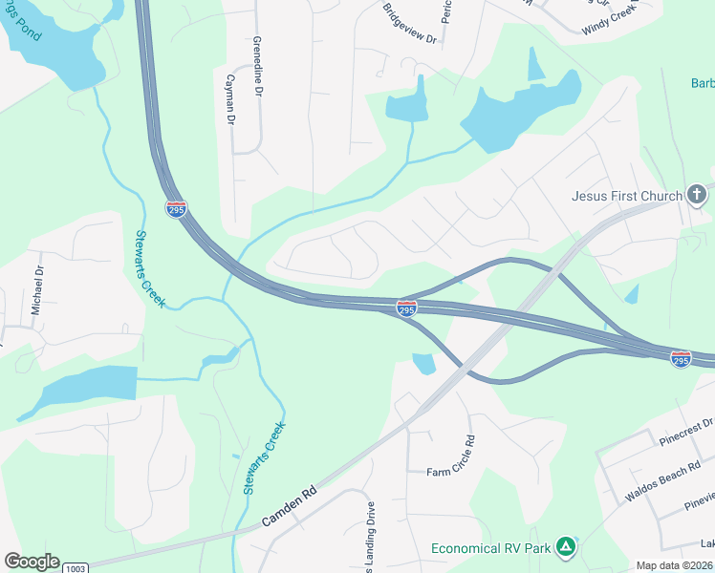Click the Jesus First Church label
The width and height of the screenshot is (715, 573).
626,197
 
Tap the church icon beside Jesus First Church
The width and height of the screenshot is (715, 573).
697,196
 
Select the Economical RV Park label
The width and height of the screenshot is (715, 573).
490,548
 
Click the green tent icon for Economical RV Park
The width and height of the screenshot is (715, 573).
566,547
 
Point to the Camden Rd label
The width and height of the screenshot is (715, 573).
288,508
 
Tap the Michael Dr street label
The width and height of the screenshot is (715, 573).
38,290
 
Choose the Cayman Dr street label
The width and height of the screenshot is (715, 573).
229,99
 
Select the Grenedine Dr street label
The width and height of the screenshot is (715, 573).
257,68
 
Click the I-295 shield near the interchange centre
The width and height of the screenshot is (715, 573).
405,308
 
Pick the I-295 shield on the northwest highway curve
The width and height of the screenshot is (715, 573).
176,209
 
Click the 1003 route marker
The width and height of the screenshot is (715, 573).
76,567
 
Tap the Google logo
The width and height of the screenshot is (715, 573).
32,562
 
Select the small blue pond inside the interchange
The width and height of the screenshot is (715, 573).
423,363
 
